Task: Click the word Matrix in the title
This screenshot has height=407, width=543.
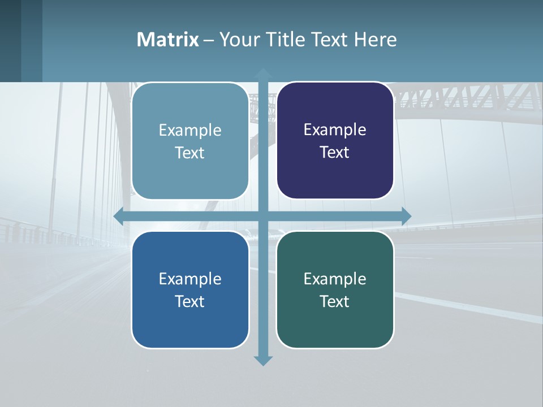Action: (x=168, y=40)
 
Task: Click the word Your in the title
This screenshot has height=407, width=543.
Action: (x=236, y=40)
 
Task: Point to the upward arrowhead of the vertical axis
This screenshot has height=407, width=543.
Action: (x=263, y=73)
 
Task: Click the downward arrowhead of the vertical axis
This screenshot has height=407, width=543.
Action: (x=263, y=360)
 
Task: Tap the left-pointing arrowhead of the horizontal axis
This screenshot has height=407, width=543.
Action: (x=119, y=216)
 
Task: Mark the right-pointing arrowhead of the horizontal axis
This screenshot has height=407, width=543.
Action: (x=406, y=216)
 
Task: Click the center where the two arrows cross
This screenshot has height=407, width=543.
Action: (x=263, y=216)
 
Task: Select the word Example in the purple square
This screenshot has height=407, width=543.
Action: (x=335, y=129)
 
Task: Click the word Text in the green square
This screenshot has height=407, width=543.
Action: (x=335, y=301)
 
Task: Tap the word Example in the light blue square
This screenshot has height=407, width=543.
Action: (x=190, y=130)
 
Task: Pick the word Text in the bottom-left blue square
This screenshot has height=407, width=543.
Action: (x=190, y=301)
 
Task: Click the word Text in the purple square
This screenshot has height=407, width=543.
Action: (x=335, y=152)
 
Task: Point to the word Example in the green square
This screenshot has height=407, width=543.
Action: (x=335, y=279)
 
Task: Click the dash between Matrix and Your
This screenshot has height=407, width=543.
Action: (x=209, y=40)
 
